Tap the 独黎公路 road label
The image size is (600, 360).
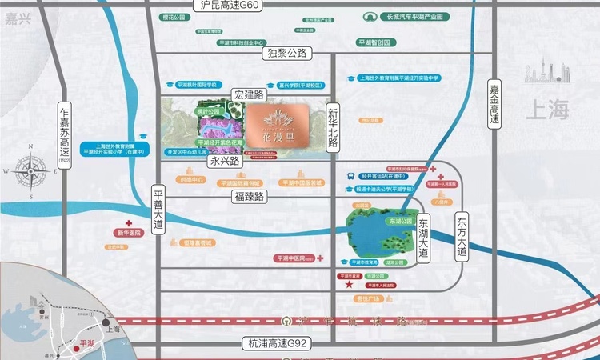[285, 53]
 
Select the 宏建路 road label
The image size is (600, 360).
[248, 94]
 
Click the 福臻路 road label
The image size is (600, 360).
[249, 195]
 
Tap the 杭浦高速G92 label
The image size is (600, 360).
[275, 343]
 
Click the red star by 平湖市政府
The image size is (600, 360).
[348, 284]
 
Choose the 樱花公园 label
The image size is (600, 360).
[211, 15]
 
